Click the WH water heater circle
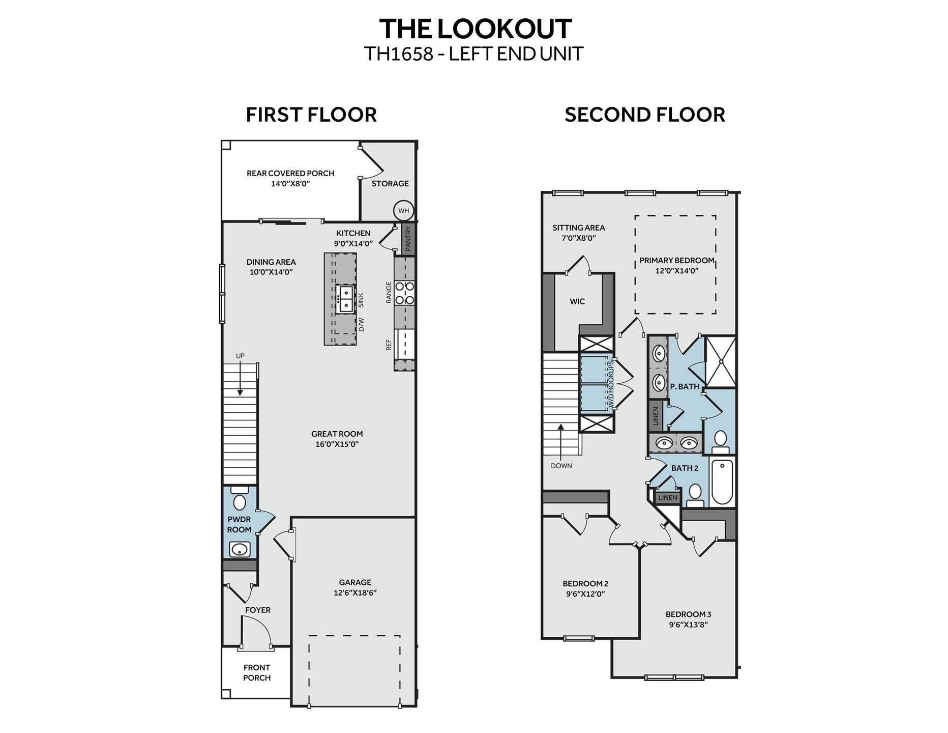click(403, 211)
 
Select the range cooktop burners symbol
click(405, 293)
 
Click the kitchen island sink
click(346, 299)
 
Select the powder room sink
click(240, 550)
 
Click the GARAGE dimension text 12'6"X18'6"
click(355, 593)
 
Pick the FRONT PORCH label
click(257, 672)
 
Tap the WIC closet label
click(577, 301)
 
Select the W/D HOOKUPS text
click(612, 384)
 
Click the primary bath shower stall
click(721, 361)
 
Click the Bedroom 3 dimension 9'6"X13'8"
click(688, 625)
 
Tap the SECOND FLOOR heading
click(644, 115)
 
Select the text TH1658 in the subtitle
click(398, 54)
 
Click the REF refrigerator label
click(389, 345)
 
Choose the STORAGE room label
click(390, 183)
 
